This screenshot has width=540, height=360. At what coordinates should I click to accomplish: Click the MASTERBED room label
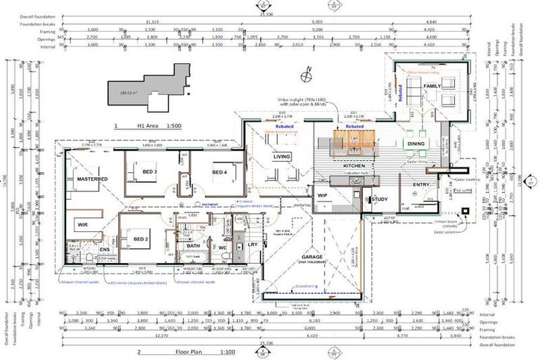click(92, 180)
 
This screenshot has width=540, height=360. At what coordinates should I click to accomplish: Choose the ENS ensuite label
click(104, 249)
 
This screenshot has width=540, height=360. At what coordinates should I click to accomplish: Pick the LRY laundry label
click(252, 245)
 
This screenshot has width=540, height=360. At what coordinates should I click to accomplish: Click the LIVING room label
click(281, 157)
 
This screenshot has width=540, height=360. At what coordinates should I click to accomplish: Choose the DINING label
click(414, 143)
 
